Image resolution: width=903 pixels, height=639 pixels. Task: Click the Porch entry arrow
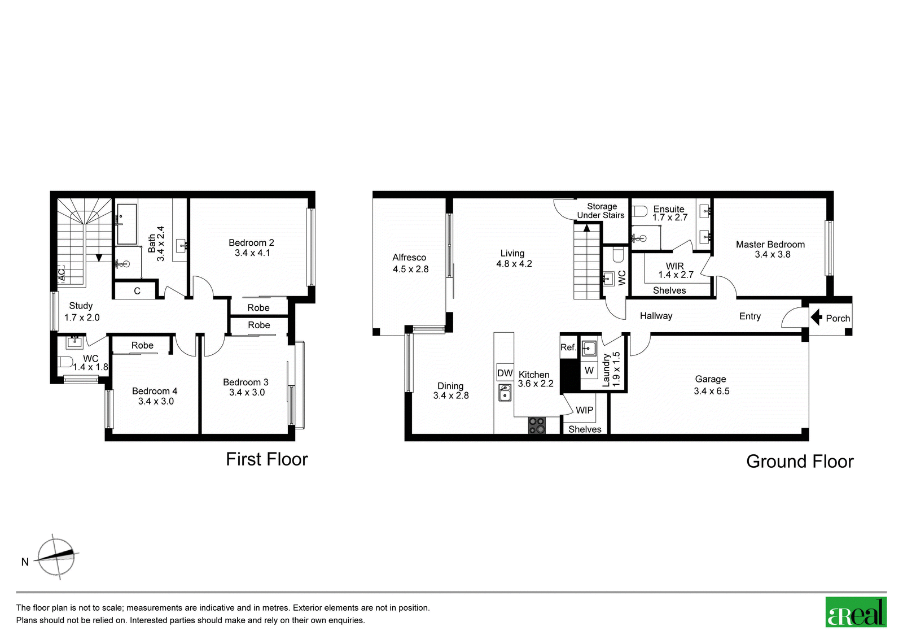pyautogui.click(x=816, y=318)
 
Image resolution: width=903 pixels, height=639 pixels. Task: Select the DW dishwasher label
pyautogui.click(x=505, y=373)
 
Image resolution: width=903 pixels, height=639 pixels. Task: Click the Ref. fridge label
pyautogui.click(x=568, y=347)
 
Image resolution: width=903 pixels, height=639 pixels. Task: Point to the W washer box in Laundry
pyautogui.click(x=589, y=371)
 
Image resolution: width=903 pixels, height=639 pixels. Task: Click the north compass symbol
pyautogui.click(x=56, y=558)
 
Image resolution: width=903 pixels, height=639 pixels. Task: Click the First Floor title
pyautogui.click(x=267, y=459)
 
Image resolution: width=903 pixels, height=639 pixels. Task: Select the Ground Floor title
pyautogui.click(x=800, y=462)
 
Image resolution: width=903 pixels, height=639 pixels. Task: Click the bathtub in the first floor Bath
pyautogui.click(x=126, y=224)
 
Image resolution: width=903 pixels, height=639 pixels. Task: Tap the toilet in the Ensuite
pyautogui.click(x=639, y=211)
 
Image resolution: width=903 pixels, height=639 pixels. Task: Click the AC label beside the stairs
pyautogui.click(x=62, y=275)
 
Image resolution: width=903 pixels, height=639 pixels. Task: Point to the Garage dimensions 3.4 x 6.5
pyautogui.click(x=712, y=391)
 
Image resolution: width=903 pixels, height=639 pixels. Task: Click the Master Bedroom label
pyautogui.click(x=770, y=244)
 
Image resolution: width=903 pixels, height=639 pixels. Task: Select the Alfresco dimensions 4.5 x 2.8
pyautogui.click(x=410, y=269)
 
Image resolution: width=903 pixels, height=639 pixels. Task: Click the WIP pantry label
pyautogui.click(x=584, y=410)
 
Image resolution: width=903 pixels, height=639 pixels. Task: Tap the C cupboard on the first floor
pyautogui.click(x=136, y=290)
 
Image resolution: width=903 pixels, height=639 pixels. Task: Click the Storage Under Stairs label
pyautogui.click(x=600, y=211)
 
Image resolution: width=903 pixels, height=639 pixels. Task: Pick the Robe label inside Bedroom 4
pyautogui.click(x=142, y=345)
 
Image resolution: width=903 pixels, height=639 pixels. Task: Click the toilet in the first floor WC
pyautogui.click(x=64, y=361)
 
